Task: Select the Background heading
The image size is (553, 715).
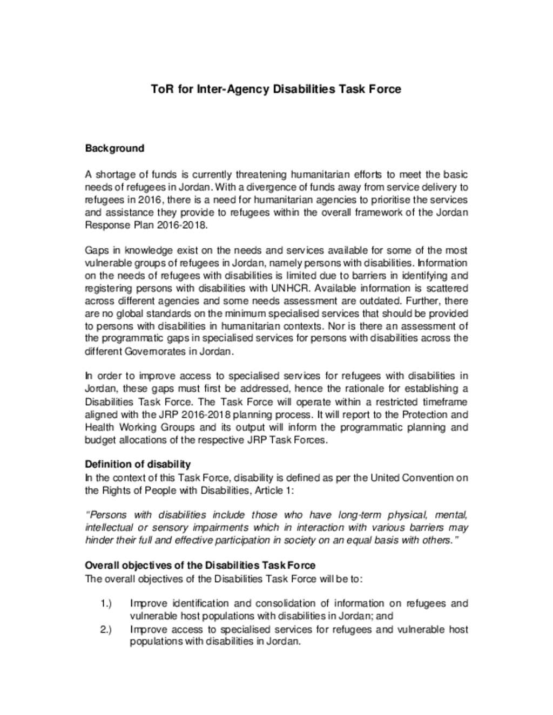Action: pos(114,148)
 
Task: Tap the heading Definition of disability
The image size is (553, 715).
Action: pos(138,464)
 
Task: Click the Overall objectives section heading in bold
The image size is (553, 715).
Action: pos(200,565)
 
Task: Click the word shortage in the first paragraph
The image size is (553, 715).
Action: pos(114,174)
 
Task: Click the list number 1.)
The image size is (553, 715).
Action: pos(106,603)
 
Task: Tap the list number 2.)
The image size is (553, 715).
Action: pos(106,629)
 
